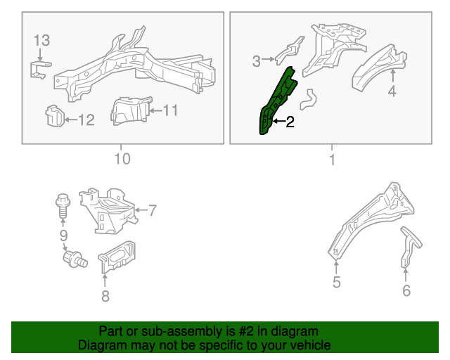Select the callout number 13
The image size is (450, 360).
pos(42,41)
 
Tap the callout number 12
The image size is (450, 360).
pos(86,120)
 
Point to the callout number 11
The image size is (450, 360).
pos(170,110)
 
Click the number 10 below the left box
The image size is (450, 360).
pos(122,159)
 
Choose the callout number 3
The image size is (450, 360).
pos(256,61)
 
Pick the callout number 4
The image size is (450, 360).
pos(392,91)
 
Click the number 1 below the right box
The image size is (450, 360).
pos(333,160)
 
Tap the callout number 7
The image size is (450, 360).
pos(152,210)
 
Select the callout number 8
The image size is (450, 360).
pos(105,296)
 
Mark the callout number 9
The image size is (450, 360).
pos(63,236)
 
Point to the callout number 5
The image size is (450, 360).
pos(336,282)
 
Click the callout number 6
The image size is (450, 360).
pos(406,290)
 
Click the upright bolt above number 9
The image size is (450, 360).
pos(63,206)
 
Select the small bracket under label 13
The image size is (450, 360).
pos(39,70)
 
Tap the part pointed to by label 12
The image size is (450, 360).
pos(55,116)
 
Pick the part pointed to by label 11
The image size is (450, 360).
pos(131,110)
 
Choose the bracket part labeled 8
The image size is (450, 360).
pos(117,256)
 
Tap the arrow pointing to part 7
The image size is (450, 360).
pos(141,210)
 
